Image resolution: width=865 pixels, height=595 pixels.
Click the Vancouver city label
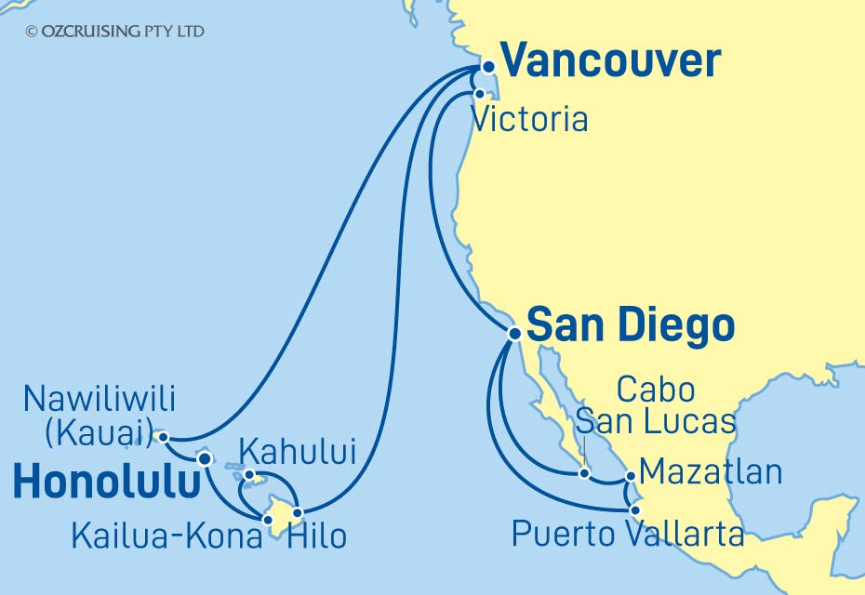click(610, 62)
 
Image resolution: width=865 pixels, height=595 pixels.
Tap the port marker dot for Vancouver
click(487, 67)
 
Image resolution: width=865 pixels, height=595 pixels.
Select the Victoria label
click(529, 120)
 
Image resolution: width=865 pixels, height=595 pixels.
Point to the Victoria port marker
click(479, 94)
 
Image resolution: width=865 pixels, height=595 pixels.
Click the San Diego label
click(630, 326)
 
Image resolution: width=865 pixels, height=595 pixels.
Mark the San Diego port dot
click(513, 333)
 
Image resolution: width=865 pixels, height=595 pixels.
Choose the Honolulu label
click(108, 483)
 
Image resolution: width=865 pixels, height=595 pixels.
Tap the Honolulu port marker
click(205, 458)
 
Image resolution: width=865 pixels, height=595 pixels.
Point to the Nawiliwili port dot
click(163, 436)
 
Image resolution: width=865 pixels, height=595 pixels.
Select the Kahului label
click(298, 454)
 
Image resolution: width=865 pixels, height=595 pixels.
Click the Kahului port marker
click(248, 476)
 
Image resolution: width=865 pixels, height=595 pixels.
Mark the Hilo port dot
click(298, 512)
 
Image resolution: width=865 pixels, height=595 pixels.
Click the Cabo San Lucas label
click(655, 405)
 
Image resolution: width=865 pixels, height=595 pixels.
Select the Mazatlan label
click(711, 472)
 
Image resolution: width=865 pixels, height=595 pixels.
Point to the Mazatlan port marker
click(631, 477)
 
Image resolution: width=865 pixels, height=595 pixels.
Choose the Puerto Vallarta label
click(628, 535)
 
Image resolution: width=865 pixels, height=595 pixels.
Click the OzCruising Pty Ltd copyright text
click(115, 32)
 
